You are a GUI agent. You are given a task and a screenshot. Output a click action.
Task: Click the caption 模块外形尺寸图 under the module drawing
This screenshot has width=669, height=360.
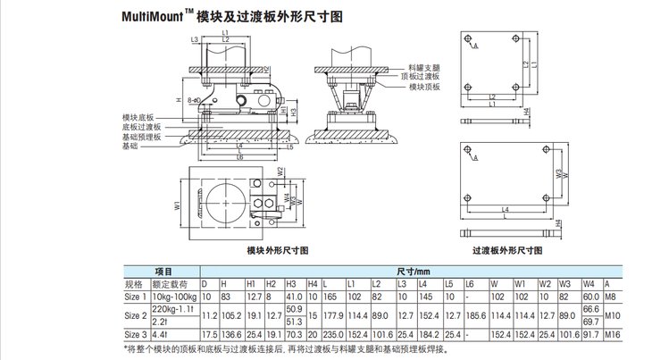[x=279, y=251]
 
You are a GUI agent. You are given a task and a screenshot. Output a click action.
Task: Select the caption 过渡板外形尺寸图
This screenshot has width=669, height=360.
[x=505, y=252]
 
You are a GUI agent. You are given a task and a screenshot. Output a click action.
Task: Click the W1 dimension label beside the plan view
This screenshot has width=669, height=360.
[x=177, y=205]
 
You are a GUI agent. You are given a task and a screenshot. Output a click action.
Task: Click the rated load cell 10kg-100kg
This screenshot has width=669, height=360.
[x=175, y=295]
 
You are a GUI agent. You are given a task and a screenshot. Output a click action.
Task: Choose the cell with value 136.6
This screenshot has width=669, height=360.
[x=230, y=333]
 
